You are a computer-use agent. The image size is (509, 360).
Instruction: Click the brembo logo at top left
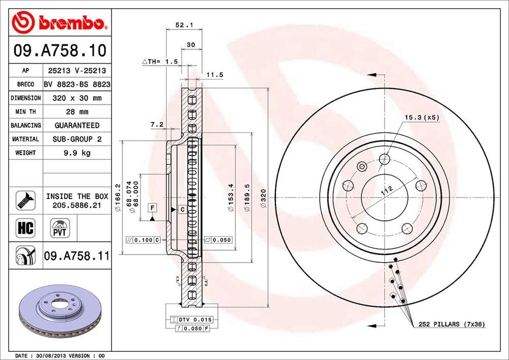(x=60, y=22)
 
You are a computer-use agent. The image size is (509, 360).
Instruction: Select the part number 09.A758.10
(x=60, y=50)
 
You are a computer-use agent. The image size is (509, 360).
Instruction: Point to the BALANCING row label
(x=25, y=125)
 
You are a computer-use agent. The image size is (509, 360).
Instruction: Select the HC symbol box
(x=25, y=228)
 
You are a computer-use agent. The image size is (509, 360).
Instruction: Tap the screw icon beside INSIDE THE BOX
(x=25, y=200)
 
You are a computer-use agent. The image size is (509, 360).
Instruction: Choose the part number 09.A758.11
(x=76, y=256)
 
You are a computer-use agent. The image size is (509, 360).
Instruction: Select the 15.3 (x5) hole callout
(x=421, y=118)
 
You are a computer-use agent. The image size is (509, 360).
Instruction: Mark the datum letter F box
(x=152, y=207)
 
